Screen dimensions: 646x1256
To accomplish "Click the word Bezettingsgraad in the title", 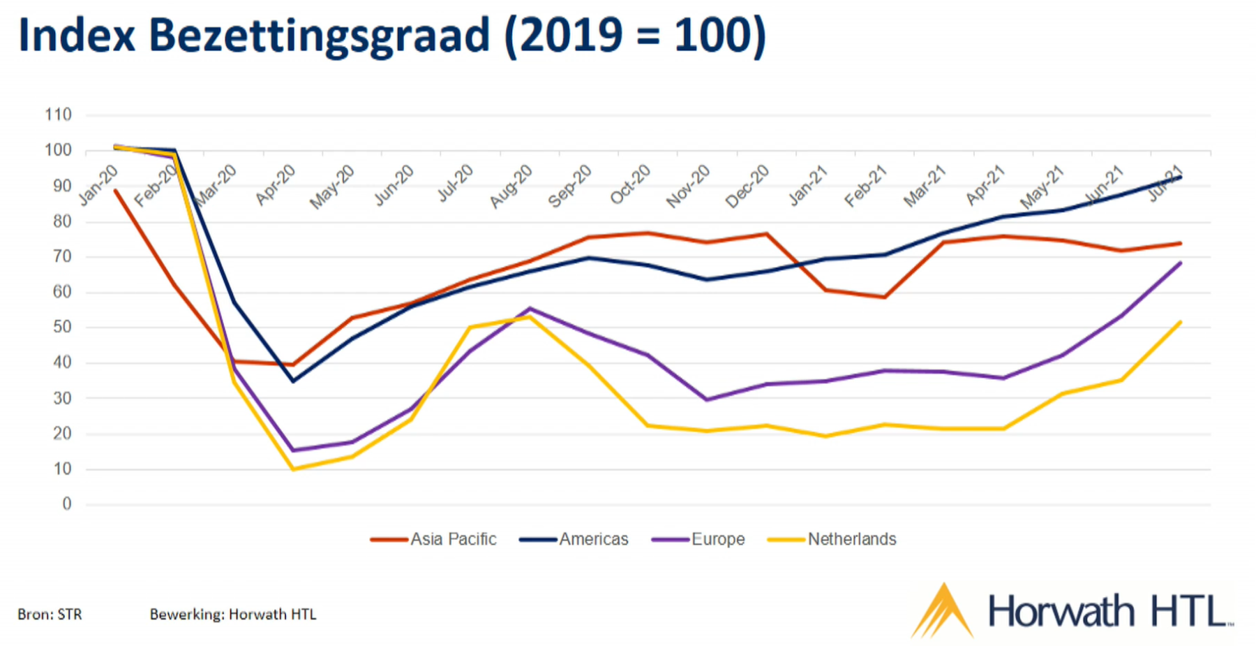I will (319, 36).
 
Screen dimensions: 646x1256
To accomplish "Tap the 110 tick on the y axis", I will (58, 115).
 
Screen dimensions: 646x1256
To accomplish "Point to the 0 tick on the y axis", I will (67, 504).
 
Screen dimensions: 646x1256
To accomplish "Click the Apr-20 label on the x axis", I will (276, 185).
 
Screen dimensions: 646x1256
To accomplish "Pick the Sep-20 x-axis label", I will (570, 186).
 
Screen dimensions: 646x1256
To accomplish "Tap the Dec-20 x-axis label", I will (747, 186).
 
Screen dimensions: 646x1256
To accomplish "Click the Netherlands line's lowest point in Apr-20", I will (293, 469).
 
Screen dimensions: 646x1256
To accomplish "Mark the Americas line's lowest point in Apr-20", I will (293, 381).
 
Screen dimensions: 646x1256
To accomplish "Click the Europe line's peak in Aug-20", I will (530, 308).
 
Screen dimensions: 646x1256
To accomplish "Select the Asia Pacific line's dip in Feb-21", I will (885, 297).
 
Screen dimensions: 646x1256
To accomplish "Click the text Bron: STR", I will (50, 615).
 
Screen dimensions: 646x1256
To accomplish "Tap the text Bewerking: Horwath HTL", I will (233, 615).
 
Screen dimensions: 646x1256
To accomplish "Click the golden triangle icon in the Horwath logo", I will (942, 611).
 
